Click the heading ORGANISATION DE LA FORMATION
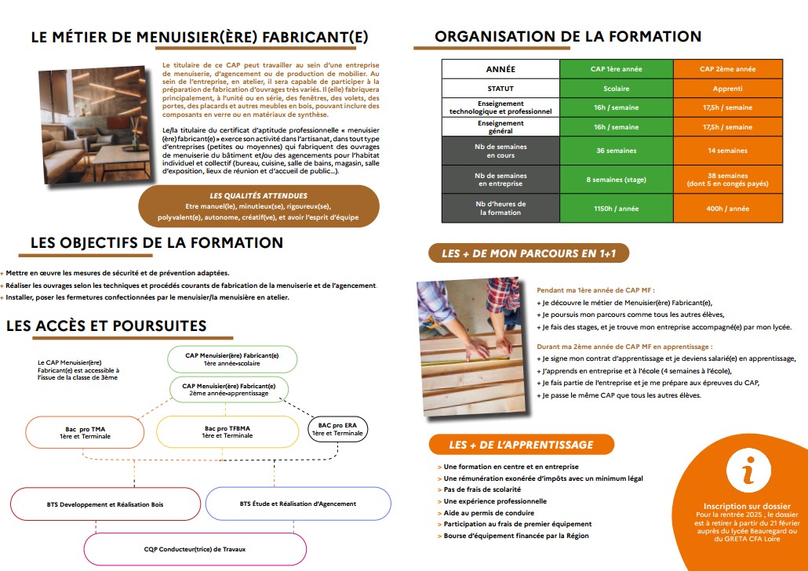[567, 36]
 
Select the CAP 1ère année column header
[616, 69]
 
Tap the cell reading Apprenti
[726, 89]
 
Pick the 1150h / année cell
[616, 209]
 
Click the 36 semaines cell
[616, 151]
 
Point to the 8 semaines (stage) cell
[616, 180]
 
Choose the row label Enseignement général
[500, 126]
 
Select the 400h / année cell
[726, 209]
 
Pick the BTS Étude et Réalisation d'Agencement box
[297, 504]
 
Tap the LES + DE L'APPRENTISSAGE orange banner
[521, 445]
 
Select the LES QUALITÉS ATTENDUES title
[258, 195]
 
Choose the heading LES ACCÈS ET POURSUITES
[107, 326]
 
